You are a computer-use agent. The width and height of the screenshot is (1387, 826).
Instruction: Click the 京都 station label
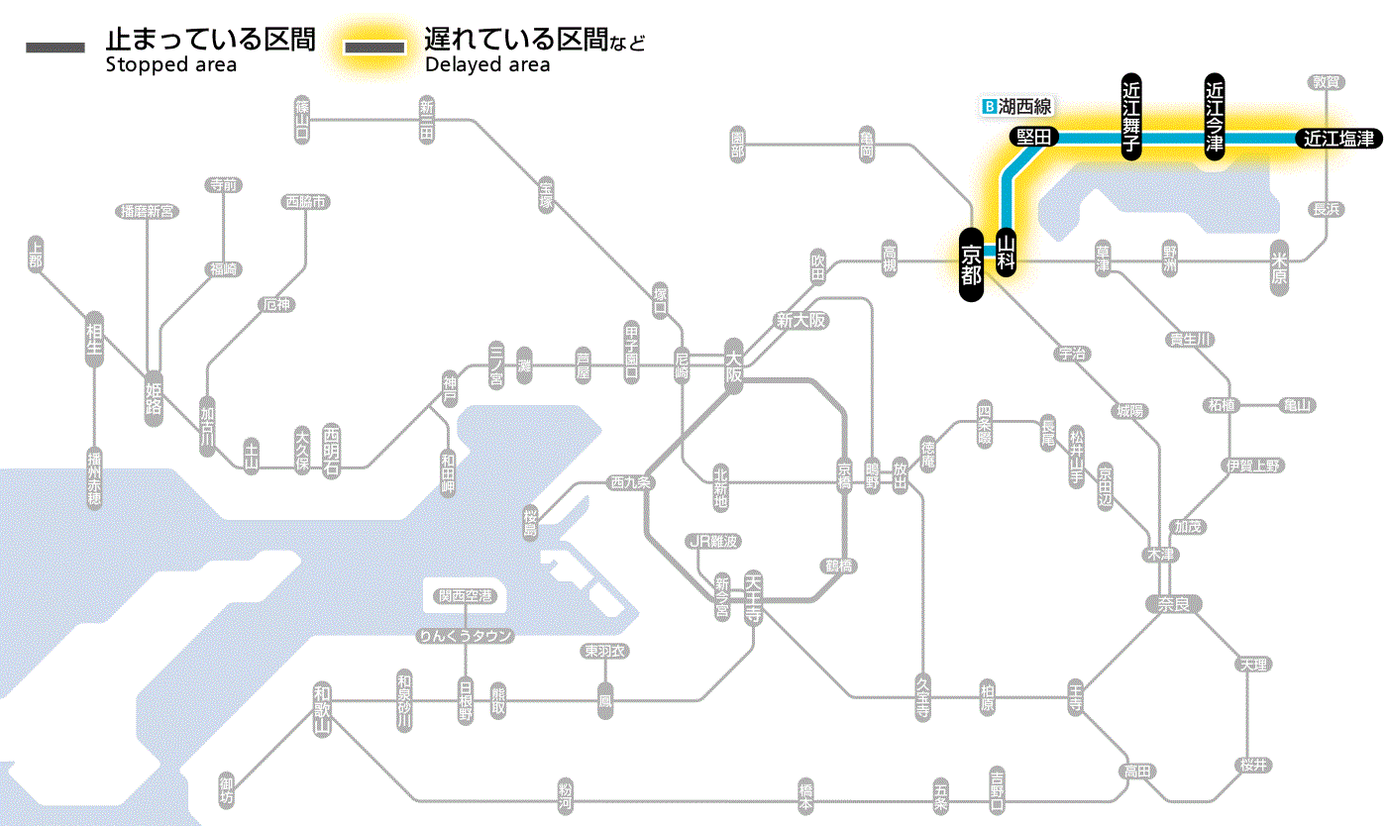tap(971, 263)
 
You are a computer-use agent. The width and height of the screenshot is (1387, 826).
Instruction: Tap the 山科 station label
tap(1007, 252)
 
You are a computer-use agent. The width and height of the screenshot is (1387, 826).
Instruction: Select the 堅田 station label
tap(1033, 138)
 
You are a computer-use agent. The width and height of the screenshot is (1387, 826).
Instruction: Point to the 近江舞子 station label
tap(1131, 116)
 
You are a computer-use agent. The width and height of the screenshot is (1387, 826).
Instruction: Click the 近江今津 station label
tap(1215, 116)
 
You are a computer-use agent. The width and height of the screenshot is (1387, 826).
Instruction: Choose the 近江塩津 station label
tap(1338, 139)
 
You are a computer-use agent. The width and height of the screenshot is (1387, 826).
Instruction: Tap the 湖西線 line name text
tap(1024, 105)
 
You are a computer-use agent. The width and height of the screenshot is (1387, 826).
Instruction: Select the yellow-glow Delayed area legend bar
tap(373, 48)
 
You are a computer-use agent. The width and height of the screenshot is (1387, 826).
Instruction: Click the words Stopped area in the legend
tap(170, 65)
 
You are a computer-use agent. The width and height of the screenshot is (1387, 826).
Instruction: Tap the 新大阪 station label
tap(800, 320)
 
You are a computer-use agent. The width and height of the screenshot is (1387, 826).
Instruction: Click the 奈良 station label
tap(1172, 603)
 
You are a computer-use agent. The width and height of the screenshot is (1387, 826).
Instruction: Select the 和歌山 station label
tap(321, 709)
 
